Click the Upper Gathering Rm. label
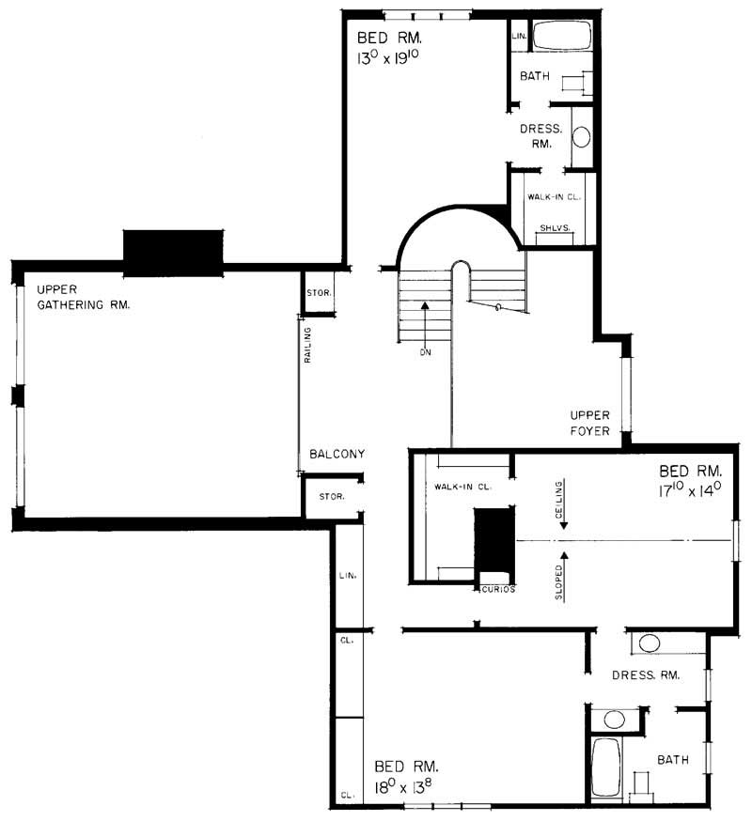83,296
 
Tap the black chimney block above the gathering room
174,252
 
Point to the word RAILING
307,346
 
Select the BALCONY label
337,454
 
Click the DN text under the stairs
425,354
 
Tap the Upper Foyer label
590,423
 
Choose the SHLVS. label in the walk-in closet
555,229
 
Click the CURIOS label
498,590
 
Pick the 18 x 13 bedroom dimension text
407,786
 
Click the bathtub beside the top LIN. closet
562,38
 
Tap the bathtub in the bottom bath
606,767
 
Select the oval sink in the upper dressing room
582,137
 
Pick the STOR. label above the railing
318,292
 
